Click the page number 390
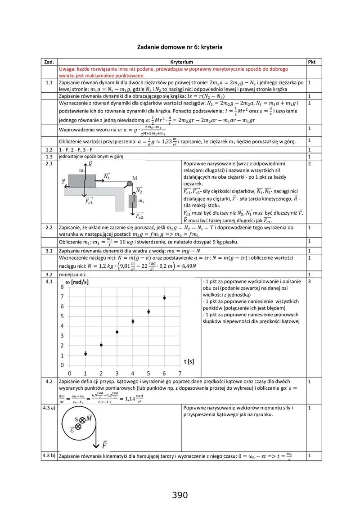pos(180,495)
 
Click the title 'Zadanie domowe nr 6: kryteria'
pos(180,47)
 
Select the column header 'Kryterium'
pos(182,62)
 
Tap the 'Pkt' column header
pos(311,62)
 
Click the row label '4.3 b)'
pos(49,455)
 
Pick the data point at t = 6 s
pos(164,297)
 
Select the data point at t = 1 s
pos(85,354)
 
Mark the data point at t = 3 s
pos(117,332)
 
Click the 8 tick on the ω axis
pos(62,287)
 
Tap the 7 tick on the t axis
pos(180,374)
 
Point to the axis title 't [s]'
pos(189,361)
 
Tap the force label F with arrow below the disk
pos(104,445)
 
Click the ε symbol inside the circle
pos(72,428)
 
